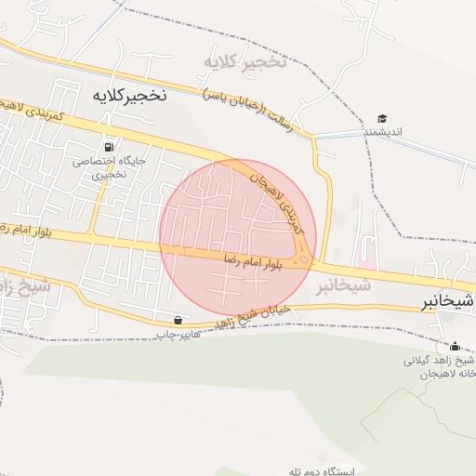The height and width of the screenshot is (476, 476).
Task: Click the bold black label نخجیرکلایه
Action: tap(129, 95)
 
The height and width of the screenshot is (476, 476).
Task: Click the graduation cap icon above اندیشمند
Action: tap(381, 118)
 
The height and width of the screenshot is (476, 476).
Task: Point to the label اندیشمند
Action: tap(381, 132)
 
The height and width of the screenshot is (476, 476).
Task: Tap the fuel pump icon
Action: tap(111, 147)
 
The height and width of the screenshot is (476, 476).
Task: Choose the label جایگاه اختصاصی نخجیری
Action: tap(111, 166)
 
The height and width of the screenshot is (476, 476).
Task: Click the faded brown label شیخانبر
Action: tap(343, 284)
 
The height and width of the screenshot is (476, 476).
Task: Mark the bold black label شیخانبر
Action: tap(447, 301)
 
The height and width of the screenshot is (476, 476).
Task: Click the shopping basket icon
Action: tap(178, 319)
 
